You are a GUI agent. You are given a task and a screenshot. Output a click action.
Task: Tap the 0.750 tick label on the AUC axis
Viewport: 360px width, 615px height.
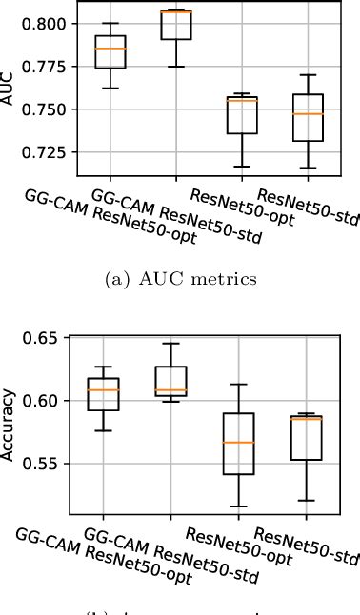[47, 109]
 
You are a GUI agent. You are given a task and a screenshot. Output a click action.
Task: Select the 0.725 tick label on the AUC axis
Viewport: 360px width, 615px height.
[47, 152]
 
